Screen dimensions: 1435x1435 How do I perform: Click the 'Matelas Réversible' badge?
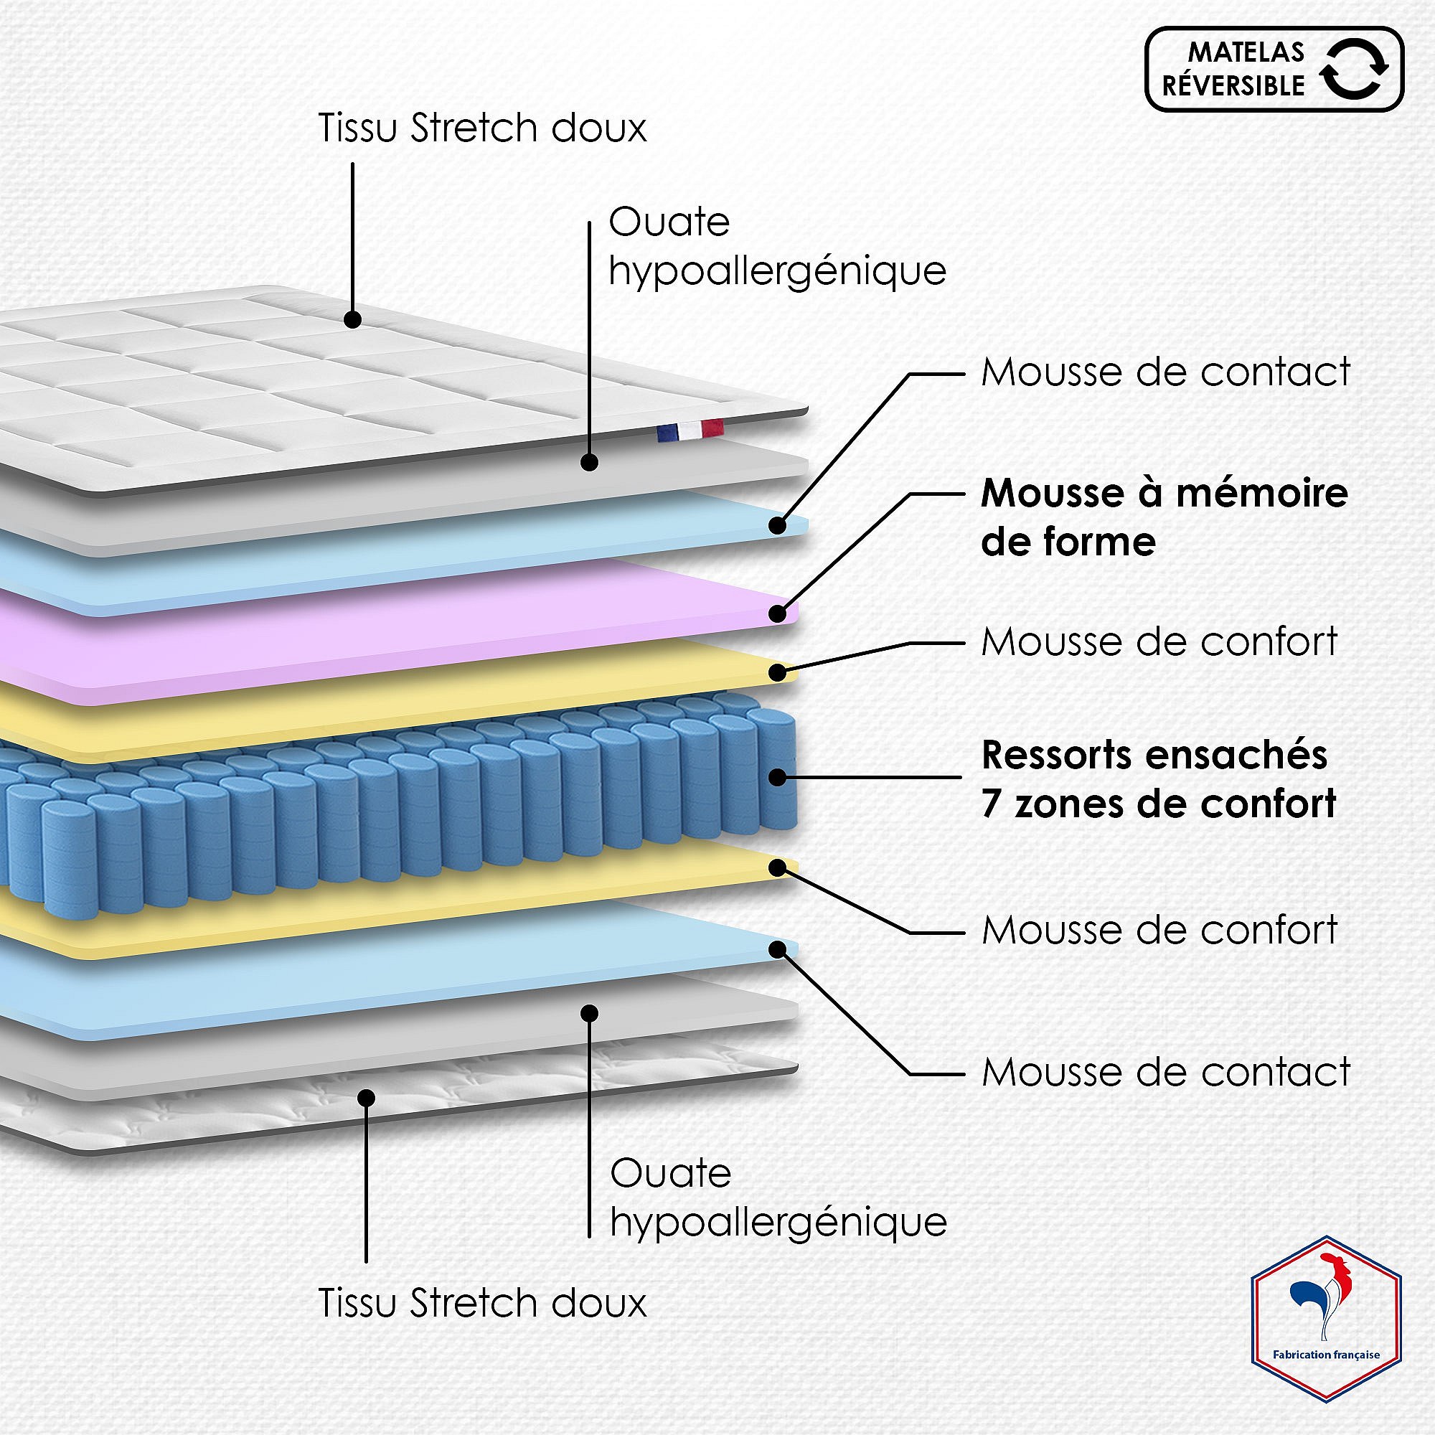click(x=1273, y=69)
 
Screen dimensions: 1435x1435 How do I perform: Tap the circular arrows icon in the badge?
click(x=1354, y=69)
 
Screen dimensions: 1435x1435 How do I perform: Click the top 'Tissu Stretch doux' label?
click(x=482, y=128)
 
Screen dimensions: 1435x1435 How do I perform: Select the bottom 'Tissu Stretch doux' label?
click(x=482, y=1303)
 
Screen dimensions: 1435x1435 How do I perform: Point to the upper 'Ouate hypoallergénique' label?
click(x=777, y=246)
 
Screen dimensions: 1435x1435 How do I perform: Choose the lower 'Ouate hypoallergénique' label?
click(x=778, y=1198)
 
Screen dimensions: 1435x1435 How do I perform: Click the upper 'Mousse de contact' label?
click(x=1165, y=372)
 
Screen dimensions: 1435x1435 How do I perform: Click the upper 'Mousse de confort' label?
click(x=1159, y=641)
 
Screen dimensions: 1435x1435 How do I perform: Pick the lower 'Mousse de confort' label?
click(x=1159, y=930)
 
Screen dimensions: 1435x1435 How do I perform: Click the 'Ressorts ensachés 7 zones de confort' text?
click(x=1158, y=779)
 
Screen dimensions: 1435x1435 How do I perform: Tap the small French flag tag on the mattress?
click(x=690, y=430)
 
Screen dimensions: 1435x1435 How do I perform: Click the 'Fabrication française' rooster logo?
click(x=1326, y=1327)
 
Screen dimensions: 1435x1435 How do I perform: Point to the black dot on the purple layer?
click(x=778, y=613)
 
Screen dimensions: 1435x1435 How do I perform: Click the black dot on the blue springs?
click(x=778, y=777)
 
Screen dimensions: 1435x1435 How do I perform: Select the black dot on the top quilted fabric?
click(x=353, y=319)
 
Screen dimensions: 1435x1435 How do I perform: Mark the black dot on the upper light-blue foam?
click(x=778, y=525)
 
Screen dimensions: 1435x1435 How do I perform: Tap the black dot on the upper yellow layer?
click(x=778, y=672)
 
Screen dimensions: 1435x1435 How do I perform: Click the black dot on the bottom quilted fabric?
click(x=365, y=1097)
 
